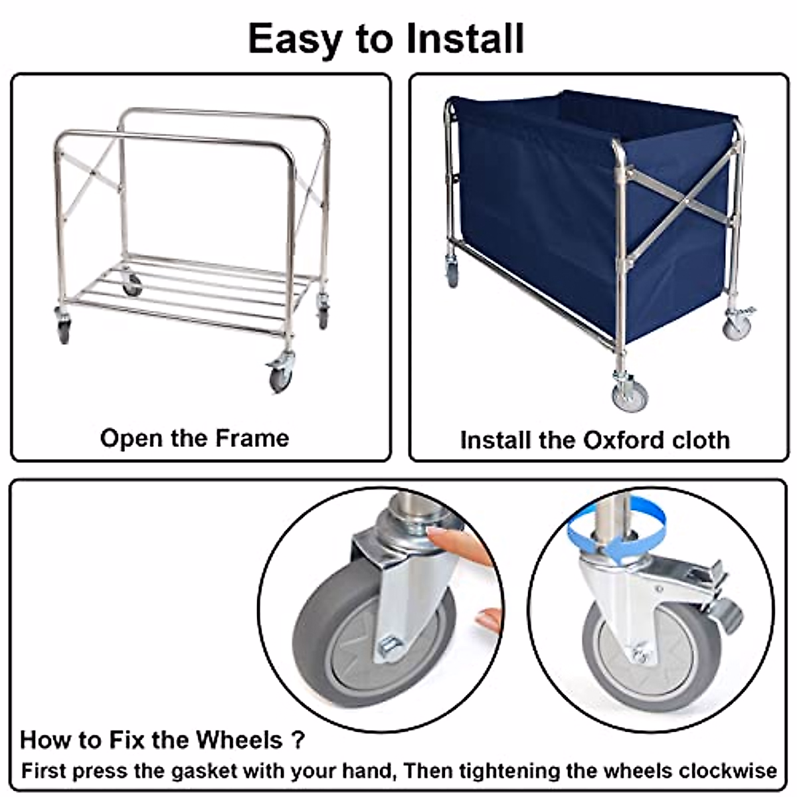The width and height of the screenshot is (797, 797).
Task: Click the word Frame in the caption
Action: click(x=252, y=438)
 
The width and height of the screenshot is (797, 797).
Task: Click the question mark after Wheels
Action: click(x=298, y=740)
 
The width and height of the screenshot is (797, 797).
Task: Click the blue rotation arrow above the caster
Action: click(x=616, y=531)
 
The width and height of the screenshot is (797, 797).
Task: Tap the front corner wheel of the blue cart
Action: click(x=630, y=395)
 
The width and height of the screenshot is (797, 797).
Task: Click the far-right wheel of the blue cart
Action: click(x=737, y=327)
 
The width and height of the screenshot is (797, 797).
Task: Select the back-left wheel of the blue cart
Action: click(x=452, y=272)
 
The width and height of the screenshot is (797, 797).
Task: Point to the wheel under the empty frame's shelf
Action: click(x=132, y=284)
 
